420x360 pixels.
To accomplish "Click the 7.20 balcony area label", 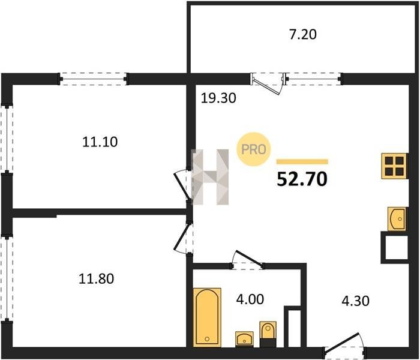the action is tap(303, 35).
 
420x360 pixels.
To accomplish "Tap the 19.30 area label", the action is tap(218, 98).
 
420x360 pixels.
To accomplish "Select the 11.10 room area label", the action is tap(100, 142).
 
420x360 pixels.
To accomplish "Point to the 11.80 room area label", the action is tap(96, 278).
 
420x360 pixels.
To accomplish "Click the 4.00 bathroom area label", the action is tap(250, 299).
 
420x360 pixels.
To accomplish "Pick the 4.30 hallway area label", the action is tap(356, 301).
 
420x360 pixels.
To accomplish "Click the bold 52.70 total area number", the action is tap(302, 179).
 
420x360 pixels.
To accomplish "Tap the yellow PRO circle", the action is tap(253, 149).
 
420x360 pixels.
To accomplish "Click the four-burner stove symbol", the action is tap(394, 166).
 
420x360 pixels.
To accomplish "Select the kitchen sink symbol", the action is tap(397, 219).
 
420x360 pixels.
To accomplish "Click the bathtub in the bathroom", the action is tap(207, 317).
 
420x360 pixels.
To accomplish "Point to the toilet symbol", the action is tap(268, 334).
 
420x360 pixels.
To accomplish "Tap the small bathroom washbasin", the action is tap(244, 339).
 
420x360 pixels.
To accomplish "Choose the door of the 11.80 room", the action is tap(183, 238).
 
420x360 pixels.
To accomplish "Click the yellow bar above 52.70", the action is tap(302, 161).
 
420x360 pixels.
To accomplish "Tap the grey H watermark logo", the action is tap(211, 177).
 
